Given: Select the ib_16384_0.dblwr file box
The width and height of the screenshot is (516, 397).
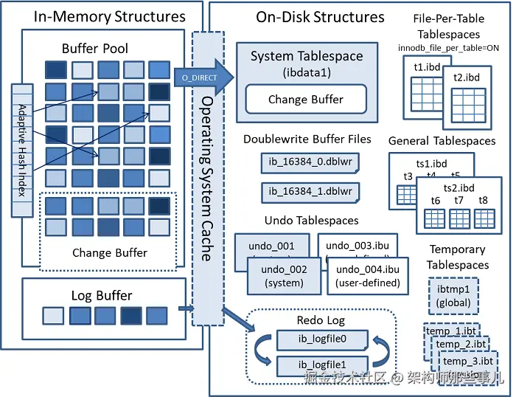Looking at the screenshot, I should [x=310, y=163].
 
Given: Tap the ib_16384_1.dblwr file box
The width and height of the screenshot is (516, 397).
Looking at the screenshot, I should [x=310, y=192].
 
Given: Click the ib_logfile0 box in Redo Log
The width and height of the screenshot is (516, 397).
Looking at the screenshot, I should [x=322, y=339].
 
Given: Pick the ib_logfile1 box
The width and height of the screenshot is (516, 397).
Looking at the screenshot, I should [x=322, y=365].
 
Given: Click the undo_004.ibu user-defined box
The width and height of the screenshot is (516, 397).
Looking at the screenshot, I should [x=367, y=276].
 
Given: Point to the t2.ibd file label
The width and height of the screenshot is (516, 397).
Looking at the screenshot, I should [x=467, y=77].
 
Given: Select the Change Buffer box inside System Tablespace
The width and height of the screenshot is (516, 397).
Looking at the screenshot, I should [x=306, y=100].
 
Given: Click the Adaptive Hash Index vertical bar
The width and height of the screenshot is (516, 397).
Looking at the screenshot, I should [x=21, y=151].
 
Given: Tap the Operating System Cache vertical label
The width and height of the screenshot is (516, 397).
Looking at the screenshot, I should [x=207, y=177].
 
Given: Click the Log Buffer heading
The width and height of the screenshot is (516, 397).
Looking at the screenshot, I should [x=102, y=295].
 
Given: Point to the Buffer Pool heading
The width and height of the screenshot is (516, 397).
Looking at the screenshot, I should [x=95, y=49].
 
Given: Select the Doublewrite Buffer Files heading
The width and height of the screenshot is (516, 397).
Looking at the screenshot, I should [x=307, y=139].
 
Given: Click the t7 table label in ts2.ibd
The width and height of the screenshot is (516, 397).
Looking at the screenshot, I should [x=459, y=200].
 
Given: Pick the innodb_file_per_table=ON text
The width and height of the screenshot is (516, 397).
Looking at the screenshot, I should [x=448, y=48].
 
